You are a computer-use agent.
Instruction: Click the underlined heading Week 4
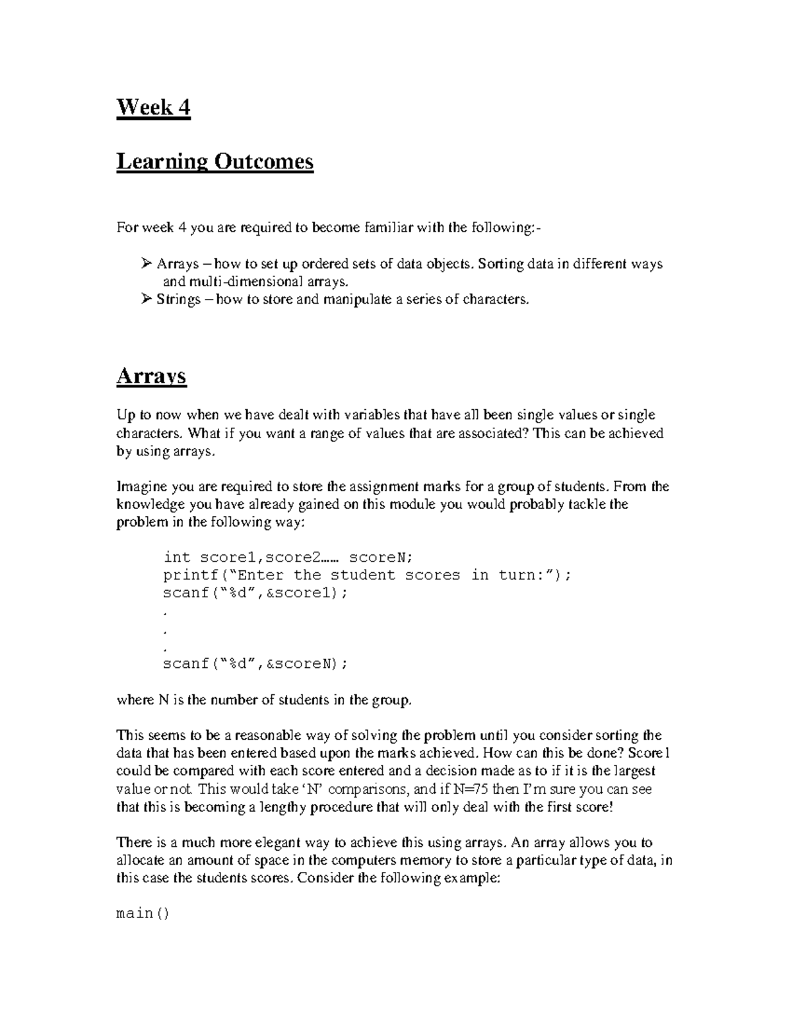click(153, 107)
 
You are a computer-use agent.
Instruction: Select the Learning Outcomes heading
click(214, 161)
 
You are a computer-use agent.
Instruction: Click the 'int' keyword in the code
click(176, 557)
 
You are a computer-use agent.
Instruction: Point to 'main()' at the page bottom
click(143, 914)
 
